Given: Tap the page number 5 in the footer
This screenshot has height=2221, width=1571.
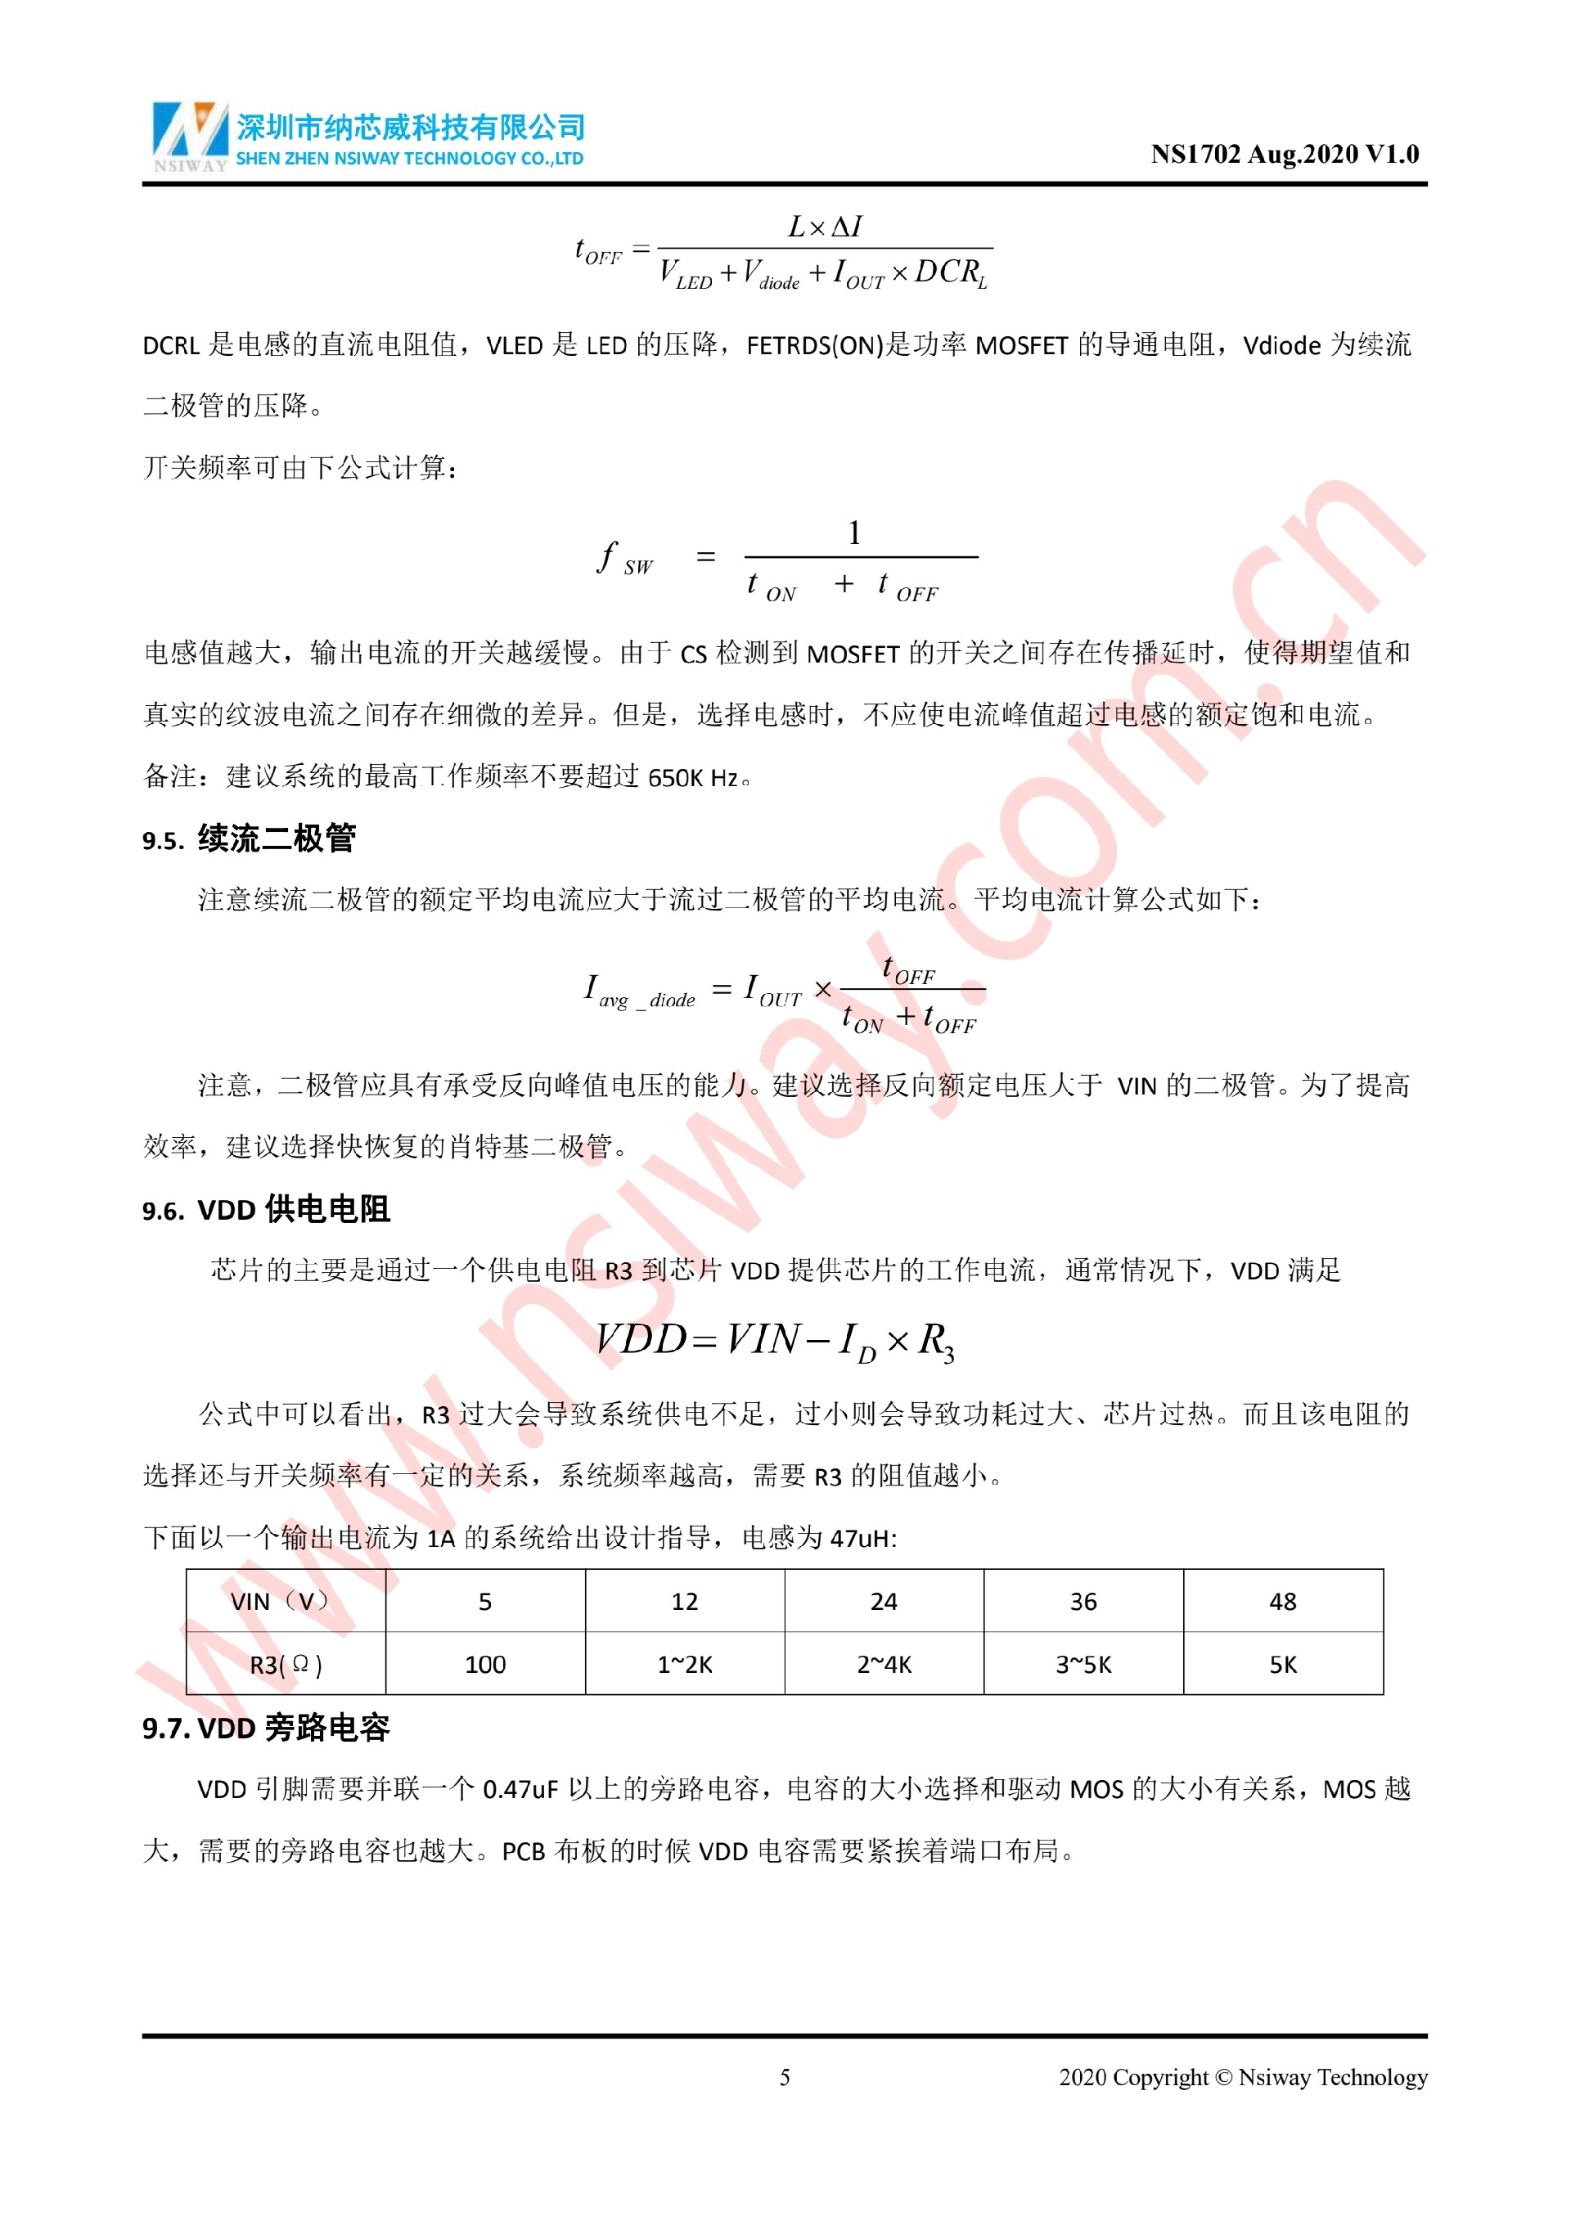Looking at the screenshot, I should (x=785, y=2077).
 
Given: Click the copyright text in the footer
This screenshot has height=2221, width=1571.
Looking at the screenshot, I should (x=1242, y=2077).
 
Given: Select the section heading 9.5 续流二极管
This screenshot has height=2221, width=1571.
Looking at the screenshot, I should (x=250, y=838).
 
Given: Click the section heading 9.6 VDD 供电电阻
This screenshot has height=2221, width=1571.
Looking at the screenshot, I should (x=266, y=1209).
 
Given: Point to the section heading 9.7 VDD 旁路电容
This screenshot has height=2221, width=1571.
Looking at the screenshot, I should (x=266, y=1727).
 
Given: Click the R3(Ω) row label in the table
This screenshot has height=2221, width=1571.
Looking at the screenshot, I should (x=286, y=1664).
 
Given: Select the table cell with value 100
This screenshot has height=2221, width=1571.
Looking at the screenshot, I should (x=484, y=1664).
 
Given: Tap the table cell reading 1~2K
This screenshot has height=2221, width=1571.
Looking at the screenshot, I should (x=684, y=1664).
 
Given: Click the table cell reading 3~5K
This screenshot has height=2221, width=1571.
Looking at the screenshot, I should (x=1083, y=1664).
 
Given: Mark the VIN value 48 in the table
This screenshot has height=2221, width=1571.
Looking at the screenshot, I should (x=1282, y=1601).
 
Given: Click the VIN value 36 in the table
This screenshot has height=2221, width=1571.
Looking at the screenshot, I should (x=1083, y=1601).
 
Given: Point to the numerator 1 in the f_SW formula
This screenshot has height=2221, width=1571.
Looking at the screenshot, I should (x=854, y=533).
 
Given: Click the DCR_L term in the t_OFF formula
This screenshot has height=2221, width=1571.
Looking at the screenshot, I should (x=950, y=272).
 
